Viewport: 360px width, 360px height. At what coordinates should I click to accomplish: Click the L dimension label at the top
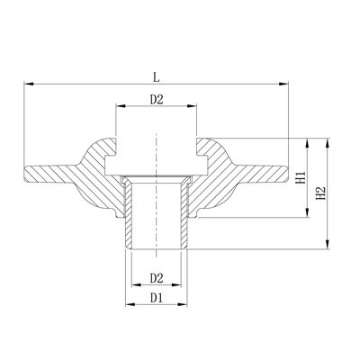coord(157,76)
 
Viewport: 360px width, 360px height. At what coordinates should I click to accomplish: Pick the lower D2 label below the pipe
coord(157,277)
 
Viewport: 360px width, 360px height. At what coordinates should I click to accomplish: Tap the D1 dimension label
coord(157,296)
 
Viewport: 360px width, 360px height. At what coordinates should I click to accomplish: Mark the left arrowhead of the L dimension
coord(27,85)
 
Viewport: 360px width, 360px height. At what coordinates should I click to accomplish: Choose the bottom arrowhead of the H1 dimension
coord(310,217)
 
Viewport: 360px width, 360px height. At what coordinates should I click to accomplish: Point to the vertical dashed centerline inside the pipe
coord(157,207)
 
